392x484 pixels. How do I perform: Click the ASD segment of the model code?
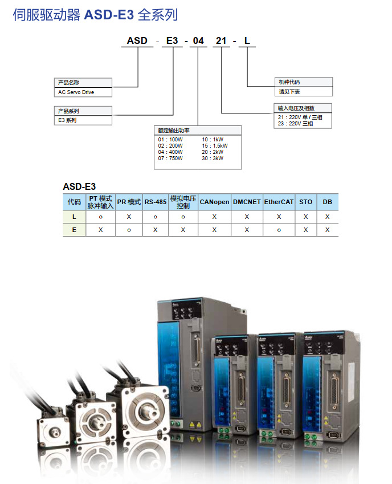(x=137, y=40)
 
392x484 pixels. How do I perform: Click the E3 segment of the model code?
(x=171, y=40)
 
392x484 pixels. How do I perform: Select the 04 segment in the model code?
(x=198, y=40)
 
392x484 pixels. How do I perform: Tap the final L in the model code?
(x=247, y=40)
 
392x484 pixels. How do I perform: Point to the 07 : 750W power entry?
(x=170, y=158)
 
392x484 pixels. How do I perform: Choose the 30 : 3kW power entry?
(x=213, y=158)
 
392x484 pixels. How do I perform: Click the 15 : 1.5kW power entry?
(x=215, y=145)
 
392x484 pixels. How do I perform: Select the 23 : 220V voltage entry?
(x=295, y=124)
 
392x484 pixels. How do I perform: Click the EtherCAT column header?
(x=279, y=202)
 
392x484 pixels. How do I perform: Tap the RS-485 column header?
(x=155, y=202)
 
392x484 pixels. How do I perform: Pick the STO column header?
(x=306, y=202)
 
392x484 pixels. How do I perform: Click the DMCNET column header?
(x=247, y=202)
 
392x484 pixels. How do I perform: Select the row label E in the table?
(x=74, y=230)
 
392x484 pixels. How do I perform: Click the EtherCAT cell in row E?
(x=279, y=230)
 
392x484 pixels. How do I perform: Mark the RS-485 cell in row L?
(x=155, y=217)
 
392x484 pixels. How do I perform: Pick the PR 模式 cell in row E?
(x=129, y=230)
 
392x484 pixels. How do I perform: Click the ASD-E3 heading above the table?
(x=79, y=186)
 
